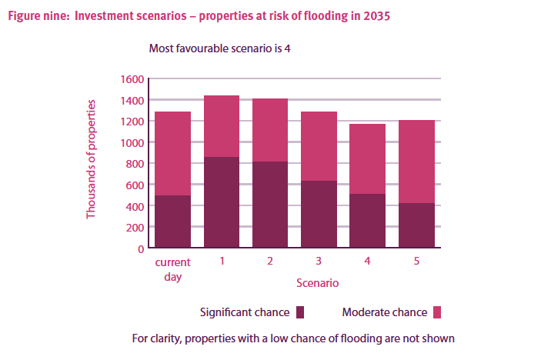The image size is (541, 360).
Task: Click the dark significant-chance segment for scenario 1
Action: click(x=222, y=202)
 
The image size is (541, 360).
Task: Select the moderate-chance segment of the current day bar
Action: click(x=172, y=153)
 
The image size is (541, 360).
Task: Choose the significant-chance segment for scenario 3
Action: click(x=319, y=214)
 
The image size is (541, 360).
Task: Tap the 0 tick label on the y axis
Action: click(x=141, y=249)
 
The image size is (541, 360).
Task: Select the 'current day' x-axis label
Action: click(x=172, y=268)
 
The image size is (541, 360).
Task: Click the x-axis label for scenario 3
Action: click(x=319, y=262)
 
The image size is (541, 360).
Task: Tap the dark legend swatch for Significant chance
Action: click(x=300, y=312)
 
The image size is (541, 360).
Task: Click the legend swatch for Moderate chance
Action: click(x=437, y=312)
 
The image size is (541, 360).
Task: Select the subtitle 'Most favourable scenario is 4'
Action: click(x=219, y=48)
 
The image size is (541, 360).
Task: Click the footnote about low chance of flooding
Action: click(x=293, y=337)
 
